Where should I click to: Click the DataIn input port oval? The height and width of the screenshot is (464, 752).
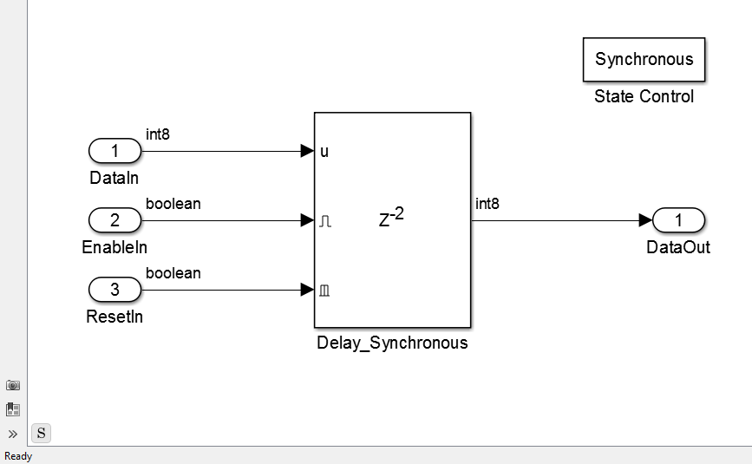115,151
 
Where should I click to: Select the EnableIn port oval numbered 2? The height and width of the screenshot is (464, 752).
115,220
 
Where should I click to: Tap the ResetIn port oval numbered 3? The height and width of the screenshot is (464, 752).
115,290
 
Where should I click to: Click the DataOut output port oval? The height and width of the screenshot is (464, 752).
678,220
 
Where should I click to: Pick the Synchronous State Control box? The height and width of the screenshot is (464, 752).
644,60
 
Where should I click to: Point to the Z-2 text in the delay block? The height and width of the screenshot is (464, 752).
391,217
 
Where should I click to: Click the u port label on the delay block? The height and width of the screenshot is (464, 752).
324,152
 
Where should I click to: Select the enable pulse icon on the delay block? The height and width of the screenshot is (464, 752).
325,221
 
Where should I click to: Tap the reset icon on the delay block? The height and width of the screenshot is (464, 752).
324,290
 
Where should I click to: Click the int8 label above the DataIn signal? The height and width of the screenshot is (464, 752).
158,134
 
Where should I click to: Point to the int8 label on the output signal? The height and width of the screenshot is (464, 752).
487,204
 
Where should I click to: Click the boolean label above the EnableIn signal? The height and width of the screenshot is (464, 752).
173,204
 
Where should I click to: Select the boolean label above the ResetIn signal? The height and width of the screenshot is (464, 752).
173,273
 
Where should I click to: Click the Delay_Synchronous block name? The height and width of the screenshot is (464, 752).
392,343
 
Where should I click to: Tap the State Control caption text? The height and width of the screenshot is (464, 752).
644,96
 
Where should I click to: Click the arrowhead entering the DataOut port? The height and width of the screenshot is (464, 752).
645,220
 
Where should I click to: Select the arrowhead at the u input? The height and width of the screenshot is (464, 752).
307,151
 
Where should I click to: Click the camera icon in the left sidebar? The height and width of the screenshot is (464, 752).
13,385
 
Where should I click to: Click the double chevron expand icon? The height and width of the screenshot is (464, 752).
13,435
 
